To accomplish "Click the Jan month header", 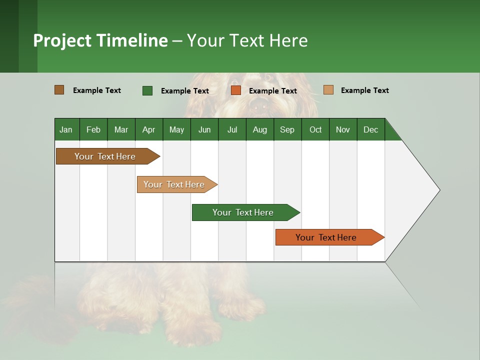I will tap(66, 129).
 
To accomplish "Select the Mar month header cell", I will tap(121, 129).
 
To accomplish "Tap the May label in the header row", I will tap(176, 129).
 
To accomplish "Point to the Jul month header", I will tap(232, 129).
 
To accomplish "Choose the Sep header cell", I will tap(287, 129).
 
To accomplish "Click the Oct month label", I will tap(315, 129).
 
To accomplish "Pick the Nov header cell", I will tap(343, 129).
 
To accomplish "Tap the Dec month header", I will tap(370, 129).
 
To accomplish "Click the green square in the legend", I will tap(147, 90).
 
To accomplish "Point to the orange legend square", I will tap(236, 90).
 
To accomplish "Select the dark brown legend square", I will tap(59, 90).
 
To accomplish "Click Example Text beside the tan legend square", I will tap(364, 90).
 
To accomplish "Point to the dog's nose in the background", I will tap(259, 105).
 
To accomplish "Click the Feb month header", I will tap(93, 129).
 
